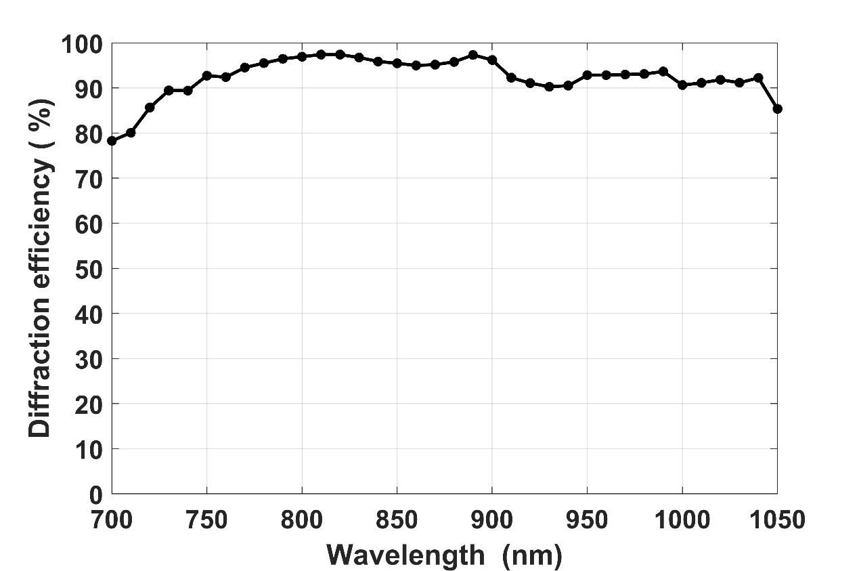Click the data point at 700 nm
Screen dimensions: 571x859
click(x=112, y=141)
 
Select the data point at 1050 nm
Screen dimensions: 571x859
click(x=777, y=108)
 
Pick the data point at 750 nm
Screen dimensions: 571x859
click(x=207, y=75)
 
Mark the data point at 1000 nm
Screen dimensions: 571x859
click(x=682, y=85)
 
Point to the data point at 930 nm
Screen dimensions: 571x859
click(x=549, y=87)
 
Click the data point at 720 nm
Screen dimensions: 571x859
click(x=150, y=107)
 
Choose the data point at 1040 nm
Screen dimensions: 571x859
click(x=758, y=78)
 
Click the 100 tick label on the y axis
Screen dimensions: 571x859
click(x=81, y=44)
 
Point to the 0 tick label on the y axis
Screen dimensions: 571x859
click(x=95, y=494)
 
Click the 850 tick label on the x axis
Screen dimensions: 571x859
click(x=397, y=521)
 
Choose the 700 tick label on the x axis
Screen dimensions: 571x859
click(x=112, y=521)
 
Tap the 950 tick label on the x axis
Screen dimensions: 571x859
click(x=587, y=521)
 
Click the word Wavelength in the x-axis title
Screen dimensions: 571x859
click(x=405, y=555)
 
